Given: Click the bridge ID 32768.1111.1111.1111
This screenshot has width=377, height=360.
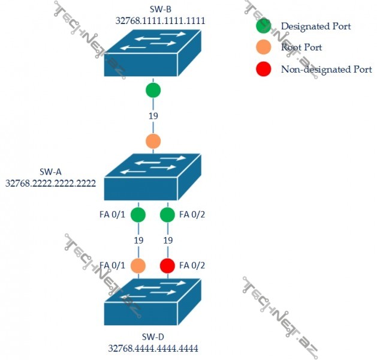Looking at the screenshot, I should tap(161, 20).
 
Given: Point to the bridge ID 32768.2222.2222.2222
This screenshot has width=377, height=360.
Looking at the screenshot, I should tap(51, 183).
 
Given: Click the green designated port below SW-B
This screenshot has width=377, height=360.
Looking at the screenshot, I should tap(153, 91).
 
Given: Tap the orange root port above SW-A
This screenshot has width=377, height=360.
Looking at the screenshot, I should tap(153, 142).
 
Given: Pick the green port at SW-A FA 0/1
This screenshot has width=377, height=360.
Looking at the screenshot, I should tap(138, 214).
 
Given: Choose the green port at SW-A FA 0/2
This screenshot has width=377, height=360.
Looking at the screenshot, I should tap(168, 214).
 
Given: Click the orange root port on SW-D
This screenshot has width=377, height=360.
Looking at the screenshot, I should tap(138, 265).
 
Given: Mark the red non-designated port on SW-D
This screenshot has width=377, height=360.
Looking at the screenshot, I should tap(168, 265).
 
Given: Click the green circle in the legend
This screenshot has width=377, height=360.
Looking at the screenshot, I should tap(263, 26).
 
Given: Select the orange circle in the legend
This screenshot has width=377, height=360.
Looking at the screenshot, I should tap(263, 47).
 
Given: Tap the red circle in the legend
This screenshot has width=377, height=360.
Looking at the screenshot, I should tap(263, 69).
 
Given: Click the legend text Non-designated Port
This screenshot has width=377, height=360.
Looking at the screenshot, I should tap(326, 70).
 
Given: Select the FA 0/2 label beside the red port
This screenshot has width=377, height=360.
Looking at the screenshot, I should tap(191, 265).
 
